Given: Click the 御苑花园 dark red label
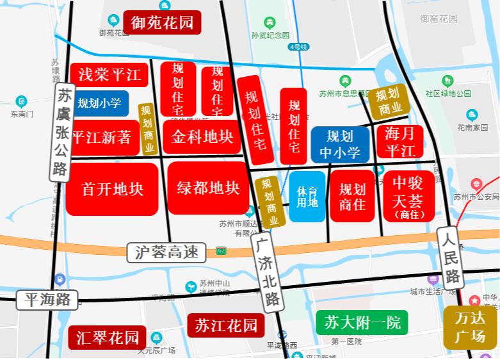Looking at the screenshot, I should click(163, 22).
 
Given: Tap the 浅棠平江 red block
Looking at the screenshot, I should click(109, 75).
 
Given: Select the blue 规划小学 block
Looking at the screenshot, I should click(100, 102).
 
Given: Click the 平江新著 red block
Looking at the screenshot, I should click(105, 137).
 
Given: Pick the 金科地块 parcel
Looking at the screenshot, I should click(202, 136).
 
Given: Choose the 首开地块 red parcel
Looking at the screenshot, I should click(113, 189).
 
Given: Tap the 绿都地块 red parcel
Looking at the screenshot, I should click(208, 188).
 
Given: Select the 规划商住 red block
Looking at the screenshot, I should click(352, 196).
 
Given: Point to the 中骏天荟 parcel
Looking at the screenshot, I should click(408, 196).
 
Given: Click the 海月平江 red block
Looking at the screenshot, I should click(400, 142).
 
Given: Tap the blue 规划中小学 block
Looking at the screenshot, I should click(340, 144).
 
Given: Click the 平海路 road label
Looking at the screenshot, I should click(47, 299).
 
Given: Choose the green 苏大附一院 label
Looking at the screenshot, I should click(362, 322).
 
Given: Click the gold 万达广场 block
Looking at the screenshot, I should click(470, 327).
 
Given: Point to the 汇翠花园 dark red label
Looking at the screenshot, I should click(107, 338).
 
